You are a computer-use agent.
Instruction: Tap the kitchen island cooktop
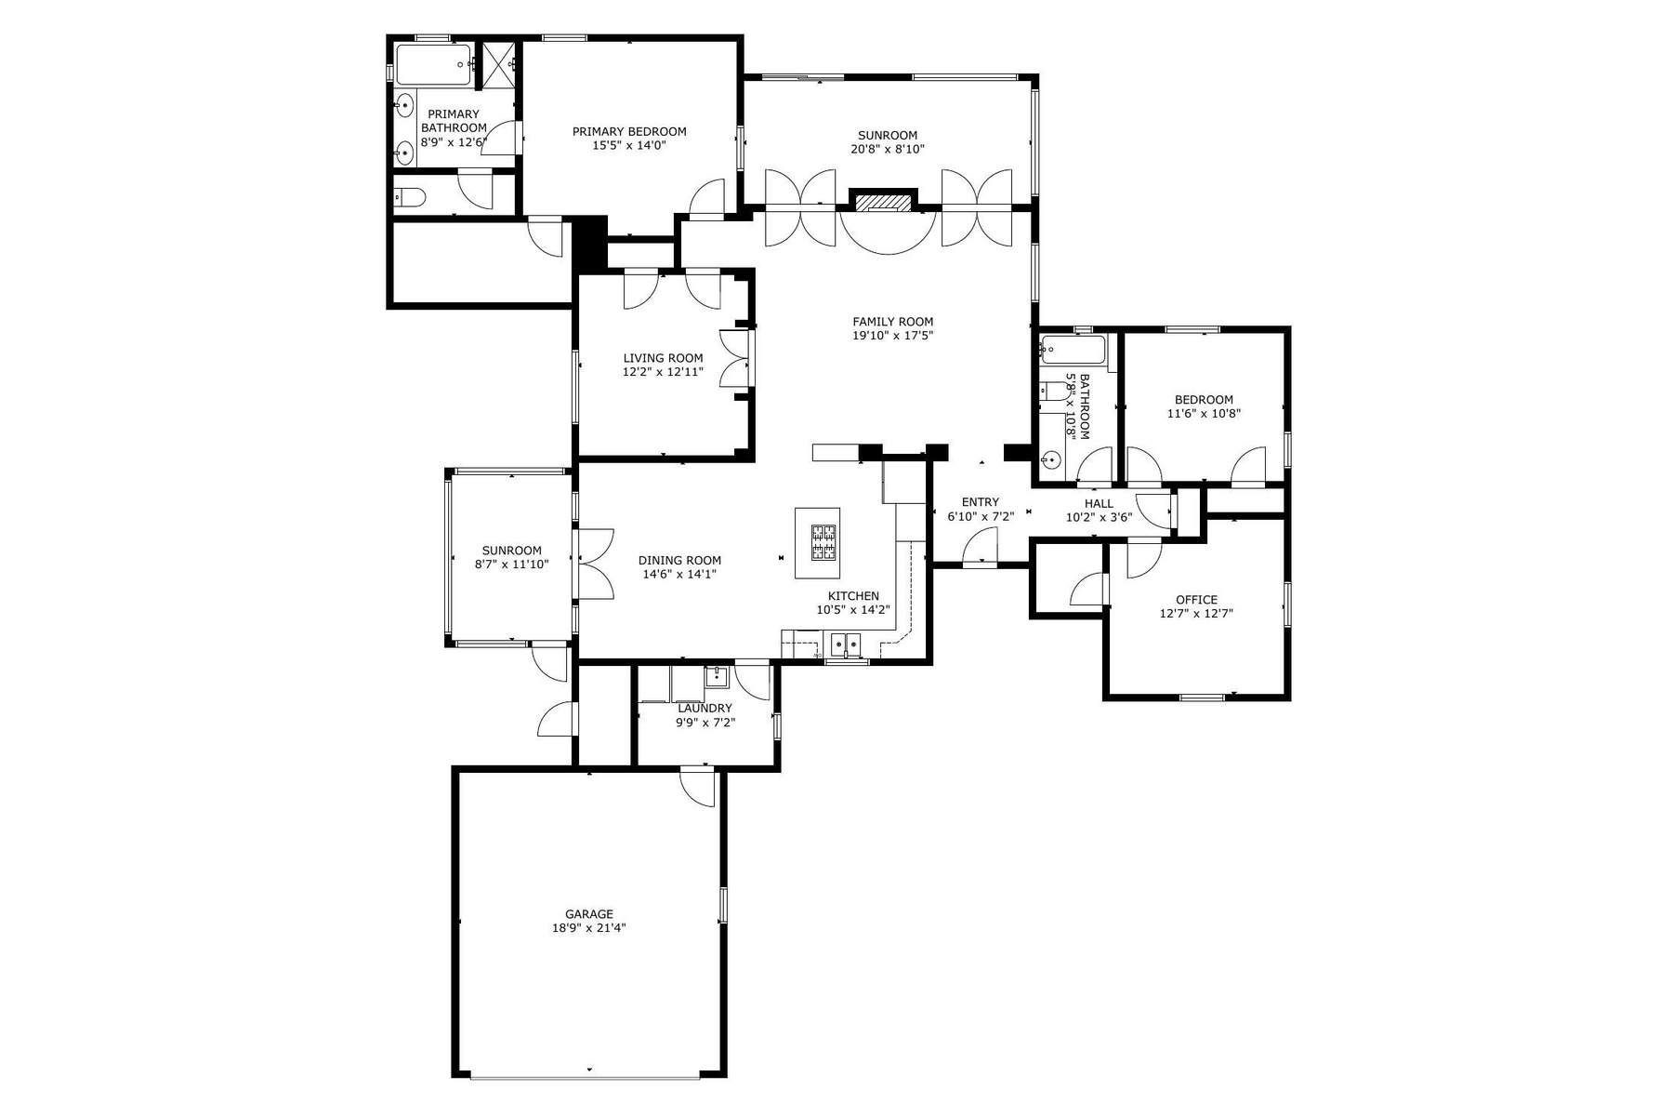tap(823, 543)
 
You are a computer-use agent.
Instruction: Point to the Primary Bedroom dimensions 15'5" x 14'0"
tap(629, 145)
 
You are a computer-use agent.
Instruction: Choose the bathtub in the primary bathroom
tap(433, 65)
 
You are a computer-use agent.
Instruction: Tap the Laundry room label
tap(705, 708)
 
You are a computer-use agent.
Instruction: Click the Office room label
tap(1196, 600)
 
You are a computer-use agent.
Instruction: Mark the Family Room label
tap(892, 322)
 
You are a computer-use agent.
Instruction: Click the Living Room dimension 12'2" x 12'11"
tap(663, 371)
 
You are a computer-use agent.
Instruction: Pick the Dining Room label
tap(679, 560)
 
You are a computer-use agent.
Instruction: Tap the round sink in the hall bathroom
tap(1051, 458)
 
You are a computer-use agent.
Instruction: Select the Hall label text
tap(1098, 503)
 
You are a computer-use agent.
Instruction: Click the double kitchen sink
tap(846, 643)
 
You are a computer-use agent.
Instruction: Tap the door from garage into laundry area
tap(698, 786)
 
